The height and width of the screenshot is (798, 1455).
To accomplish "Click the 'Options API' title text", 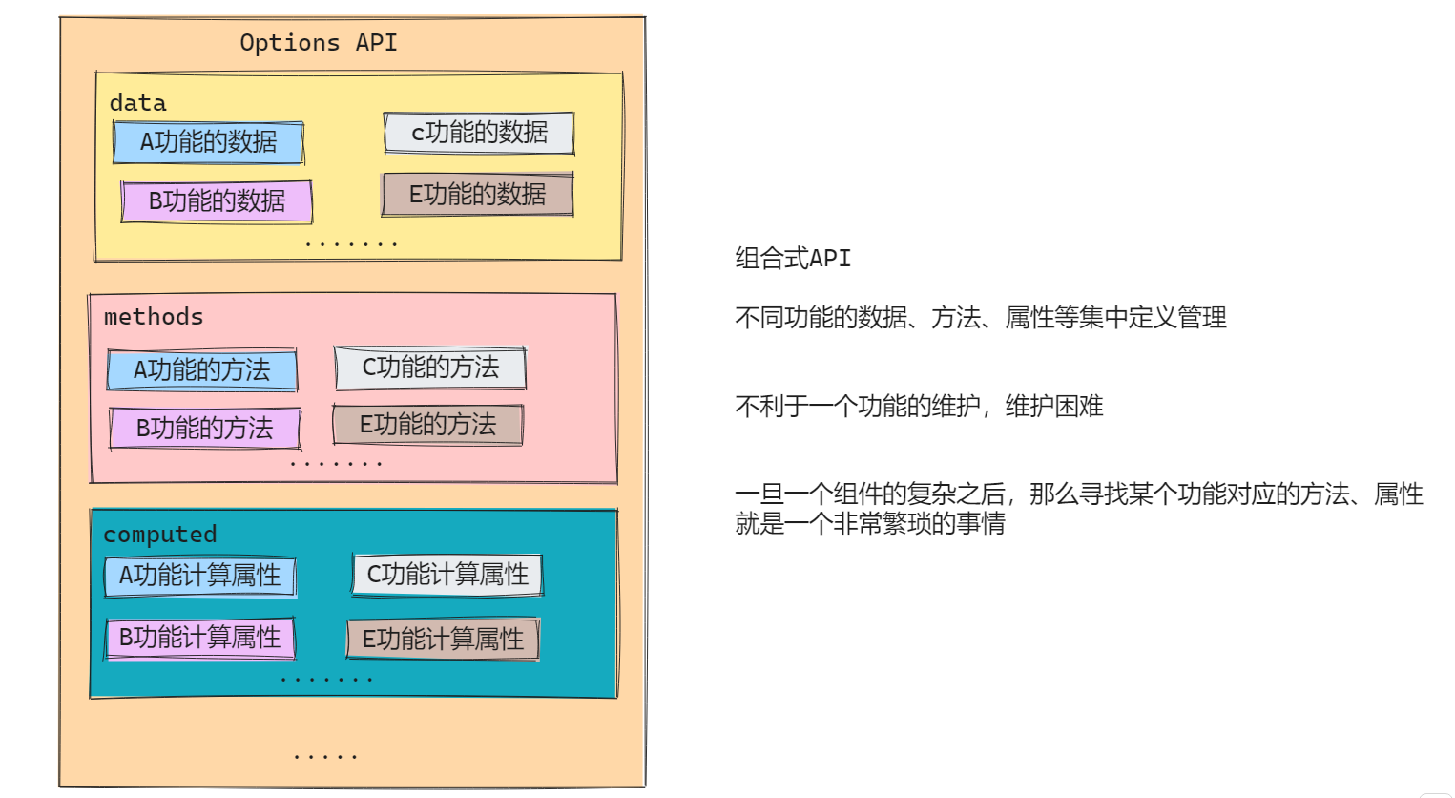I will coord(318,43).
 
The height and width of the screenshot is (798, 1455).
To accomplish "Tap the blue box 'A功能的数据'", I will coord(208,142).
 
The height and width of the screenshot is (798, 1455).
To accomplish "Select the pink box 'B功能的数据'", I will coord(217,201).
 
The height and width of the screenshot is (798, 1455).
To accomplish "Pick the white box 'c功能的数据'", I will coord(479,133).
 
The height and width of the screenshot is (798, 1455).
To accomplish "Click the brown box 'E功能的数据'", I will coord(477,195).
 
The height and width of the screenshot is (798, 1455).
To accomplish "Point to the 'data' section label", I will coord(137,103).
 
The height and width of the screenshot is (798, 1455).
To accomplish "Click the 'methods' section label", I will coord(154,317).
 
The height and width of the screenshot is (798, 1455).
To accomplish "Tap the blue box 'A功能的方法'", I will coord(201,369).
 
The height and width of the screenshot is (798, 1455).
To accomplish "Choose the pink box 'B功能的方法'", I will coord(204,429).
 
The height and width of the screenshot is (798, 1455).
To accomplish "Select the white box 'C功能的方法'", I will coord(430,367).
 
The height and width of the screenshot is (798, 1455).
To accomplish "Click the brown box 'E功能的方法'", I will coord(427,425).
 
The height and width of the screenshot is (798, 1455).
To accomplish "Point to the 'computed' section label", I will coord(159,535).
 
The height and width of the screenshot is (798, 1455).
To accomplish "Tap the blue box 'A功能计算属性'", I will coord(199,577).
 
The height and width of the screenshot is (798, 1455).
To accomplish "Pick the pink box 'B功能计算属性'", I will coord(199,638).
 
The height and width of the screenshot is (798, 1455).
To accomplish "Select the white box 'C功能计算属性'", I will coord(447,575).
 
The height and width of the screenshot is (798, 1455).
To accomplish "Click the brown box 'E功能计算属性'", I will coord(443,639).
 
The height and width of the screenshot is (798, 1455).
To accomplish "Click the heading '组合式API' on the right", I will coord(792,258).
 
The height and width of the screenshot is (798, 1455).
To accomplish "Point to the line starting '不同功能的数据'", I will coord(980,317).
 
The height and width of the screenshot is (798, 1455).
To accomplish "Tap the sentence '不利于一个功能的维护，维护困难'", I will coord(918,407).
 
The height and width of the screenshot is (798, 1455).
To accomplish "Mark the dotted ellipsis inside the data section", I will coord(350,245).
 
